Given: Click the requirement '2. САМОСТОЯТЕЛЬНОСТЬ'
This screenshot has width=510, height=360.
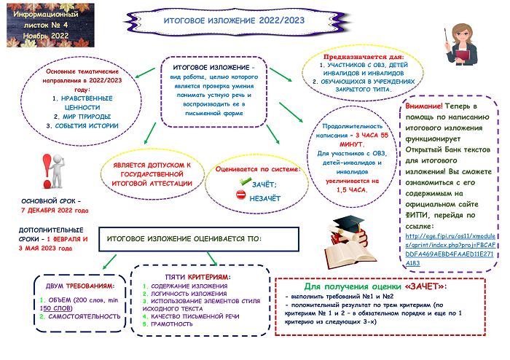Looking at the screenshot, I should (79, 317).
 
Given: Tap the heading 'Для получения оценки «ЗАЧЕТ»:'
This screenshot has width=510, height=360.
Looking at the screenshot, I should (374, 286).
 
